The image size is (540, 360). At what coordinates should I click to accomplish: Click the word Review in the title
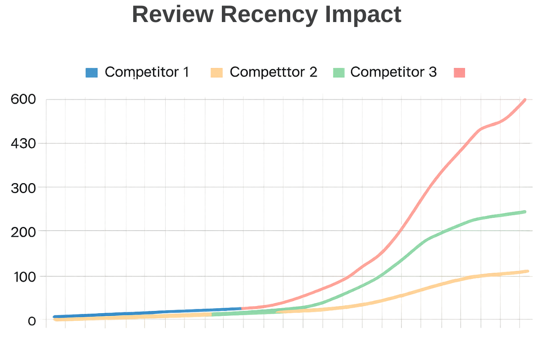[172, 14]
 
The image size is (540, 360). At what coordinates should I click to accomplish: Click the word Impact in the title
[363, 14]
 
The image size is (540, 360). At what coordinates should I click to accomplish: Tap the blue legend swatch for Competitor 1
[91, 72]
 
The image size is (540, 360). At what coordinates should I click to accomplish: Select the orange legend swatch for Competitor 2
[216, 72]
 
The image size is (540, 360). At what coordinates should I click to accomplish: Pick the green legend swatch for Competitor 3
[338, 72]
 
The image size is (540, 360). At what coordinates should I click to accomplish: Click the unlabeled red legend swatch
[459, 72]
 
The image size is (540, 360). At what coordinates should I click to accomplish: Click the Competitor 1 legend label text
[147, 72]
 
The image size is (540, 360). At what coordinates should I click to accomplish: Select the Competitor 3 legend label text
[393, 72]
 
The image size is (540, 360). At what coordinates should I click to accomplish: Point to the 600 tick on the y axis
[22, 99]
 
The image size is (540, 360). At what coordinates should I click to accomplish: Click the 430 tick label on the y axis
[22, 144]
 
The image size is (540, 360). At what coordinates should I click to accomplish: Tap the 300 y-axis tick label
[22, 187]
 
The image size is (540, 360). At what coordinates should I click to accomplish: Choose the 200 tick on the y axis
[22, 231]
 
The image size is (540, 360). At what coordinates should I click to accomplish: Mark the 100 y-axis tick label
[22, 276]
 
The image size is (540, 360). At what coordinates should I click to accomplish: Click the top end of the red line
[525, 100]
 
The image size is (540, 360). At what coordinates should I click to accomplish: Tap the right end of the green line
[525, 211]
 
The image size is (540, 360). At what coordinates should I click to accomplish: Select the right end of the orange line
[527, 271]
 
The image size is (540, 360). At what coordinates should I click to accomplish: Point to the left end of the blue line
[54, 317]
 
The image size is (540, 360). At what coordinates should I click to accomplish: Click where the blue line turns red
[242, 309]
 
